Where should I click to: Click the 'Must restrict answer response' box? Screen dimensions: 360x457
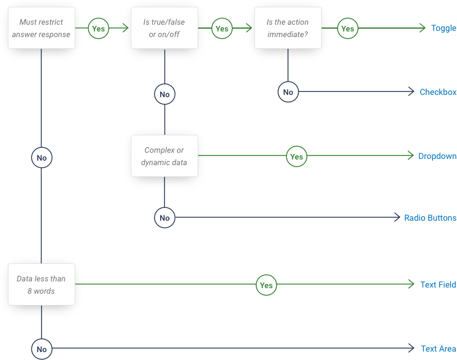click(x=41, y=28)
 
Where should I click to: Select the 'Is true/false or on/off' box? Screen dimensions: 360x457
click(x=164, y=28)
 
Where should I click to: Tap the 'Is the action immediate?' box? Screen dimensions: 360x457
click(x=287, y=28)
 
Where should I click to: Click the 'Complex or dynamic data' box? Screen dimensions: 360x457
click(x=164, y=156)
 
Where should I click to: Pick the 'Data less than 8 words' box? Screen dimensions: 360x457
click(x=41, y=284)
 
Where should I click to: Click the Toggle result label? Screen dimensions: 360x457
click(x=443, y=28)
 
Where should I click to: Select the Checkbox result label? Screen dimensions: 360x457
click(x=437, y=92)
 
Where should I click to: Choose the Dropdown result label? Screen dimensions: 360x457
click(x=437, y=156)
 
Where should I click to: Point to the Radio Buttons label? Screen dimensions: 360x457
click(x=430, y=218)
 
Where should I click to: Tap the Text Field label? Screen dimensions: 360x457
click(x=438, y=285)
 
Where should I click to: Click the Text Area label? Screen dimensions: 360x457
click(x=438, y=349)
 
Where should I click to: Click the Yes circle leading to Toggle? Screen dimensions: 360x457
click(x=348, y=28)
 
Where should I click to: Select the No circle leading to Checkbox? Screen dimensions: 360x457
click(x=288, y=92)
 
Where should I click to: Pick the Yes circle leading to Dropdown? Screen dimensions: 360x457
click(x=296, y=157)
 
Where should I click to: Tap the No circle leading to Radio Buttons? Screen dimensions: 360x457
click(x=164, y=218)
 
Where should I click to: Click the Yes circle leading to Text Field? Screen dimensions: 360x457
click(x=266, y=285)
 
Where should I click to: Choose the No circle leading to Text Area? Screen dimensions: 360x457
click(x=42, y=349)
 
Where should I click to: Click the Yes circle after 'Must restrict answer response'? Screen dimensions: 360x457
click(x=98, y=28)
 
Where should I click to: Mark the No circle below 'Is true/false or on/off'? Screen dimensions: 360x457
click(x=164, y=94)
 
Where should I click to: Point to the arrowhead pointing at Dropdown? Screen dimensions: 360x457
click(x=412, y=156)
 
